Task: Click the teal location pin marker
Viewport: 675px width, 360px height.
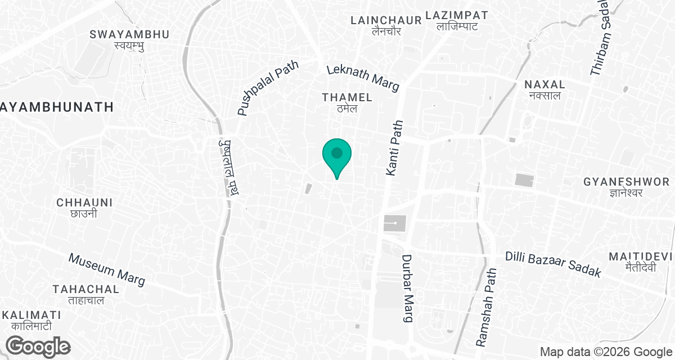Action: click(x=337, y=154)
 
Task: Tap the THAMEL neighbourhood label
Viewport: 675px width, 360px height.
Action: click(x=347, y=102)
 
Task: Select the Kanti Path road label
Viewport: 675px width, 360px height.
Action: click(x=395, y=148)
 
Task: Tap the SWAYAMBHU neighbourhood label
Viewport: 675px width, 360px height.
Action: click(x=129, y=39)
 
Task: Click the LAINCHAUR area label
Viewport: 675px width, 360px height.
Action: click(x=386, y=25)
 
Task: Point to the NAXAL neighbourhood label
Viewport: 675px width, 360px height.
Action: click(x=544, y=89)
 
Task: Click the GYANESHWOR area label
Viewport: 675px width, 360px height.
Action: click(x=627, y=187)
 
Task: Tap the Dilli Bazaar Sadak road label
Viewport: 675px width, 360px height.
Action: click(x=554, y=264)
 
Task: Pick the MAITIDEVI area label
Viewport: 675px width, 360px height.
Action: click(x=641, y=262)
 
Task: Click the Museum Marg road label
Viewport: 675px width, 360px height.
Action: click(x=107, y=268)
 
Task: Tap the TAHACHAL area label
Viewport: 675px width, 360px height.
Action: click(x=85, y=294)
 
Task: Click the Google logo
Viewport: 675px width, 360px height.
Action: click(x=38, y=346)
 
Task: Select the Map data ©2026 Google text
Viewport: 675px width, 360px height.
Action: click(x=605, y=352)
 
